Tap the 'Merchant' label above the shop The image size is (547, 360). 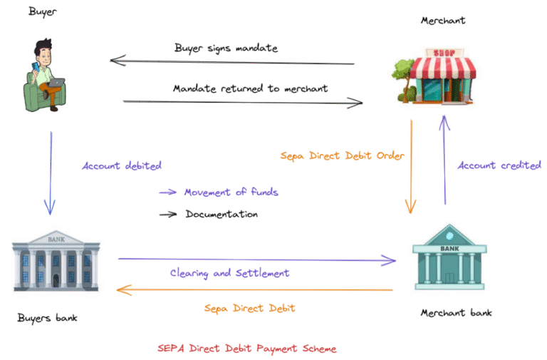point(443,20)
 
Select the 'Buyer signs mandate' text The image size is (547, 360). point(226,48)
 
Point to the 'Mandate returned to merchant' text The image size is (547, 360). point(250,88)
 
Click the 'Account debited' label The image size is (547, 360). point(122,165)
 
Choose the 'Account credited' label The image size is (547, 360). point(499,165)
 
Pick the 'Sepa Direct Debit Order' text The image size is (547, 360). point(342,155)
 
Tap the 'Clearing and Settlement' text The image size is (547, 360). point(229,273)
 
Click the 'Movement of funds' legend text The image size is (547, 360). point(231,192)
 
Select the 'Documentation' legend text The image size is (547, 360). point(222,214)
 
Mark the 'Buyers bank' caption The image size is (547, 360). point(47,317)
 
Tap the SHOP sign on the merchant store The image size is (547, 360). point(439,53)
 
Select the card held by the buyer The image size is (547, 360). point(33,68)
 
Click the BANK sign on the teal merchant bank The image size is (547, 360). point(449,248)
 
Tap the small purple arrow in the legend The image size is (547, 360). point(167,192)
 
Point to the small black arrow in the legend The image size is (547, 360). point(167,214)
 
